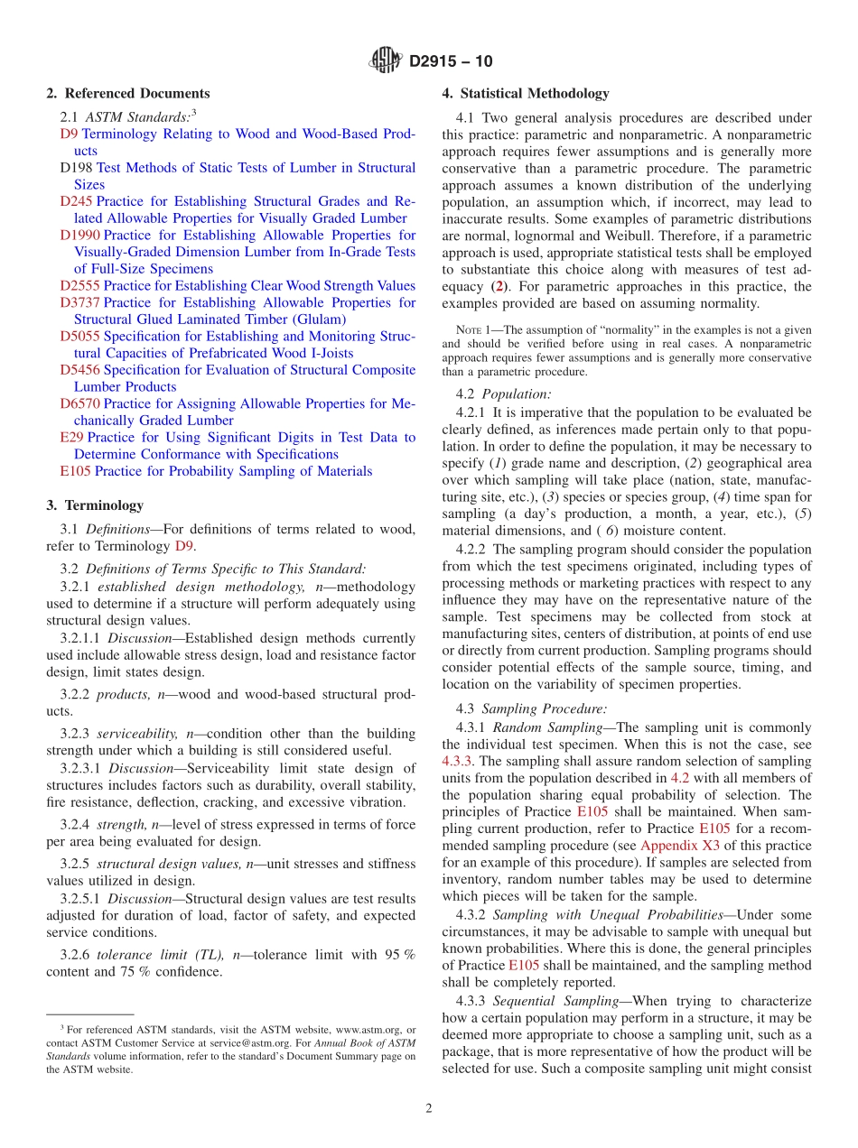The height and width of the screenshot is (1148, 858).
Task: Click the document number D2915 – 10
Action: click(x=451, y=62)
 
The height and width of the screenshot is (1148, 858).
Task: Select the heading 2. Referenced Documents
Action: click(x=128, y=94)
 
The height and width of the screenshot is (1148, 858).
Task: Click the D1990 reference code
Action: click(x=79, y=236)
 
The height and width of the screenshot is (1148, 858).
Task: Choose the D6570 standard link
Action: click(x=79, y=403)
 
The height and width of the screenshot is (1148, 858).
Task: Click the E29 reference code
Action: click(x=71, y=438)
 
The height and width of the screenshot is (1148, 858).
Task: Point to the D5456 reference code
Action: click(x=79, y=370)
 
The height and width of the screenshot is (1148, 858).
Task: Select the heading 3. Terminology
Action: click(x=95, y=505)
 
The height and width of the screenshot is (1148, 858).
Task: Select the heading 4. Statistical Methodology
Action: click(x=526, y=94)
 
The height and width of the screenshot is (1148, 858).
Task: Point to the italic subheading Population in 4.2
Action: click(x=516, y=394)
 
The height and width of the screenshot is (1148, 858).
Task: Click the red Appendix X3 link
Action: click(x=675, y=846)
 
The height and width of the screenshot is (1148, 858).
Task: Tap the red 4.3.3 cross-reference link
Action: click(x=457, y=762)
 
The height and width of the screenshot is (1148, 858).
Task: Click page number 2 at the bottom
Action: click(x=429, y=1108)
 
